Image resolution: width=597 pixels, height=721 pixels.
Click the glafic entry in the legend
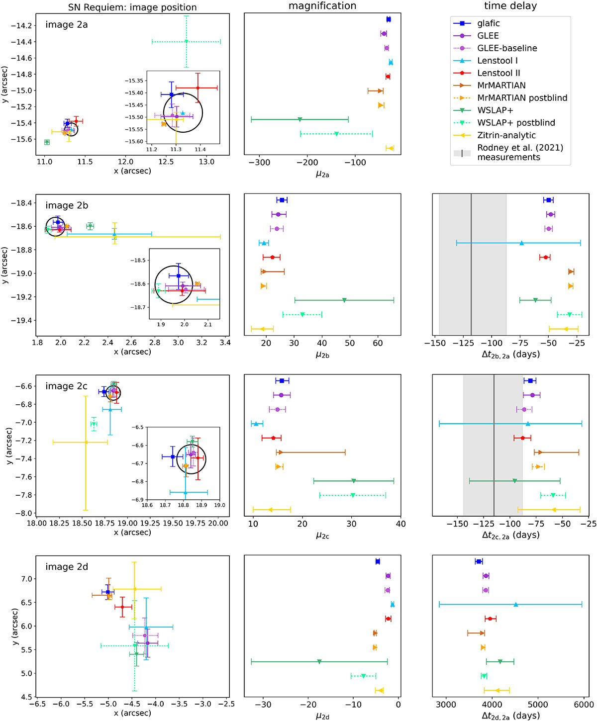[x=488, y=23]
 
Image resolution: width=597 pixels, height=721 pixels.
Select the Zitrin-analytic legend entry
[x=506, y=135]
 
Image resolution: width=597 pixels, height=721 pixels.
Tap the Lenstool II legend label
[x=498, y=73]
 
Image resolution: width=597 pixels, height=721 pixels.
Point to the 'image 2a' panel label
[x=66, y=24]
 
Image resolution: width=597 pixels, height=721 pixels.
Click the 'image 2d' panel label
[x=66, y=567]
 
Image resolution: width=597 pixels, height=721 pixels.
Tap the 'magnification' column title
[x=322, y=6]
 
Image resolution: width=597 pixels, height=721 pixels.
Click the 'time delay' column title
[x=510, y=6]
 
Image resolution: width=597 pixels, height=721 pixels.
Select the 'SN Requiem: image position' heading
[x=132, y=7]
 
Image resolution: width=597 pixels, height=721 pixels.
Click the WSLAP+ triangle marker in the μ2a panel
[x=299, y=119]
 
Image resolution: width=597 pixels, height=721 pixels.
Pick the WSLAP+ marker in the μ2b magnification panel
[x=344, y=300]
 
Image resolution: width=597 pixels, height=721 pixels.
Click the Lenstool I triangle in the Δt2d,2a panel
[x=516, y=604]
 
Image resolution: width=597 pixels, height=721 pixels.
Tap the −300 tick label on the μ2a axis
[x=259, y=162]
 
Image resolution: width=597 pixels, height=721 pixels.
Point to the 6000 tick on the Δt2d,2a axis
[x=584, y=705]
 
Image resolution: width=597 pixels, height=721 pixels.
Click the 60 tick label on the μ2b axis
[x=378, y=343]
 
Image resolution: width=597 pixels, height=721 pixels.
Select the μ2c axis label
[x=322, y=536]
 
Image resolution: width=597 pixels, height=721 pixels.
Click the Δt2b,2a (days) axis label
[x=510, y=354]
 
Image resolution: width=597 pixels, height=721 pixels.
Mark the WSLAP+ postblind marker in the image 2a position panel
[x=186, y=41]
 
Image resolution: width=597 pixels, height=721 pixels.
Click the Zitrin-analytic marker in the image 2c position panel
[x=86, y=443]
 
